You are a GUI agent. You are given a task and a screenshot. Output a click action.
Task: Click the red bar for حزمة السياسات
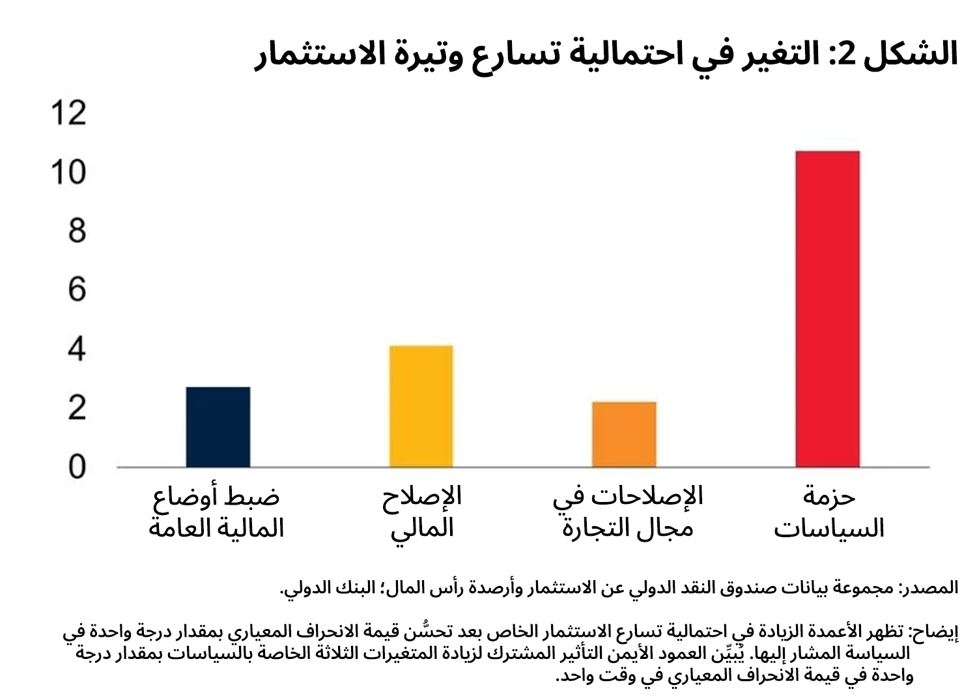click(x=827, y=309)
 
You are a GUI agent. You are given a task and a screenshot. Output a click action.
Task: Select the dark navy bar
click(x=218, y=427)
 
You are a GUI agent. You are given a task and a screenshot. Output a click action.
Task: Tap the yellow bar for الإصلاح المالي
click(x=421, y=406)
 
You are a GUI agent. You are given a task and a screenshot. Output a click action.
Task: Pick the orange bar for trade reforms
click(x=624, y=434)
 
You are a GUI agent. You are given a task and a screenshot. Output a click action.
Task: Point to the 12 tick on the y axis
click(x=68, y=113)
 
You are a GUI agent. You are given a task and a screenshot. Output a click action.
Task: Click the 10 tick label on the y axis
click(x=68, y=173)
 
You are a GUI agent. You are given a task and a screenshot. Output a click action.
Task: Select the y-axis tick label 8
click(x=77, y=231)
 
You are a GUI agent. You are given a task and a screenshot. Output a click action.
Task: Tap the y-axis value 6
click(x=77, y=290)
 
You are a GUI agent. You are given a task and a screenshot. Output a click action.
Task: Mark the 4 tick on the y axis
click(x=77, y=349)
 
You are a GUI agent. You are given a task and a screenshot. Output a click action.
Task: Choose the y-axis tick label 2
click(x=77, y=408)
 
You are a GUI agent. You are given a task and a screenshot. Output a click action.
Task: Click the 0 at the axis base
click(x=77, y=467)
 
